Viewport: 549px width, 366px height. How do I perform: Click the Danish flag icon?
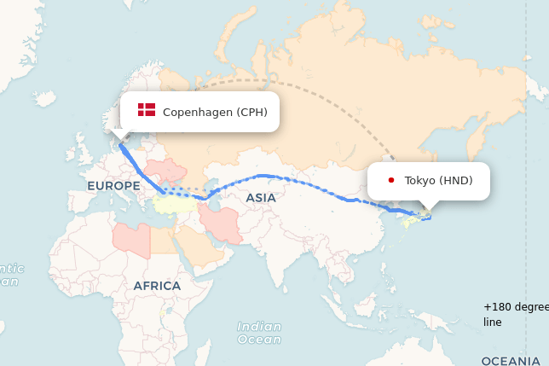tap(147, 110)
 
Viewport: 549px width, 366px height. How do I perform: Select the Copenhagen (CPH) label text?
tap(215, 112)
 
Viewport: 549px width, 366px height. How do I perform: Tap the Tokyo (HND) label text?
tap(438, 180)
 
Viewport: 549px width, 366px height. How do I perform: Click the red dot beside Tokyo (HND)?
tap(390, 180)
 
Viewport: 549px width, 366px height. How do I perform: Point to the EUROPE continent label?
tap(113, 185)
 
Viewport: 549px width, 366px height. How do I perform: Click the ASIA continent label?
tap(261, 198)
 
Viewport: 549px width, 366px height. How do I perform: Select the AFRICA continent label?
tap(157, 286)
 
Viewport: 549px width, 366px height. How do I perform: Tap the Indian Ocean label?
tap(258, 333)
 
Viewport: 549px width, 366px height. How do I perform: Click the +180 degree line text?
tap(515, 314)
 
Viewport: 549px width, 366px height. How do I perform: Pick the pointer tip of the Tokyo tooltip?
tap(426, 211)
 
